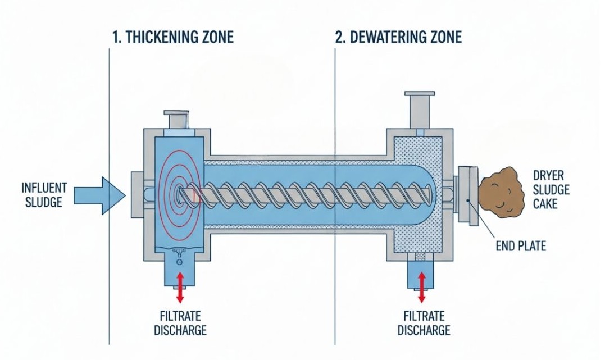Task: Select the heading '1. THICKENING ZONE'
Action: coord(173,38)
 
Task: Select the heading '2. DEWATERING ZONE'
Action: coord(398,38)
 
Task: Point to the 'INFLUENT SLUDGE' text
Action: coord(44,194)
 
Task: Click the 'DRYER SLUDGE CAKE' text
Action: coord(551,189)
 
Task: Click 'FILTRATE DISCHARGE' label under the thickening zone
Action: coord(180,323)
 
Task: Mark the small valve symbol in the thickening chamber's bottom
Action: coord(180,253)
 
